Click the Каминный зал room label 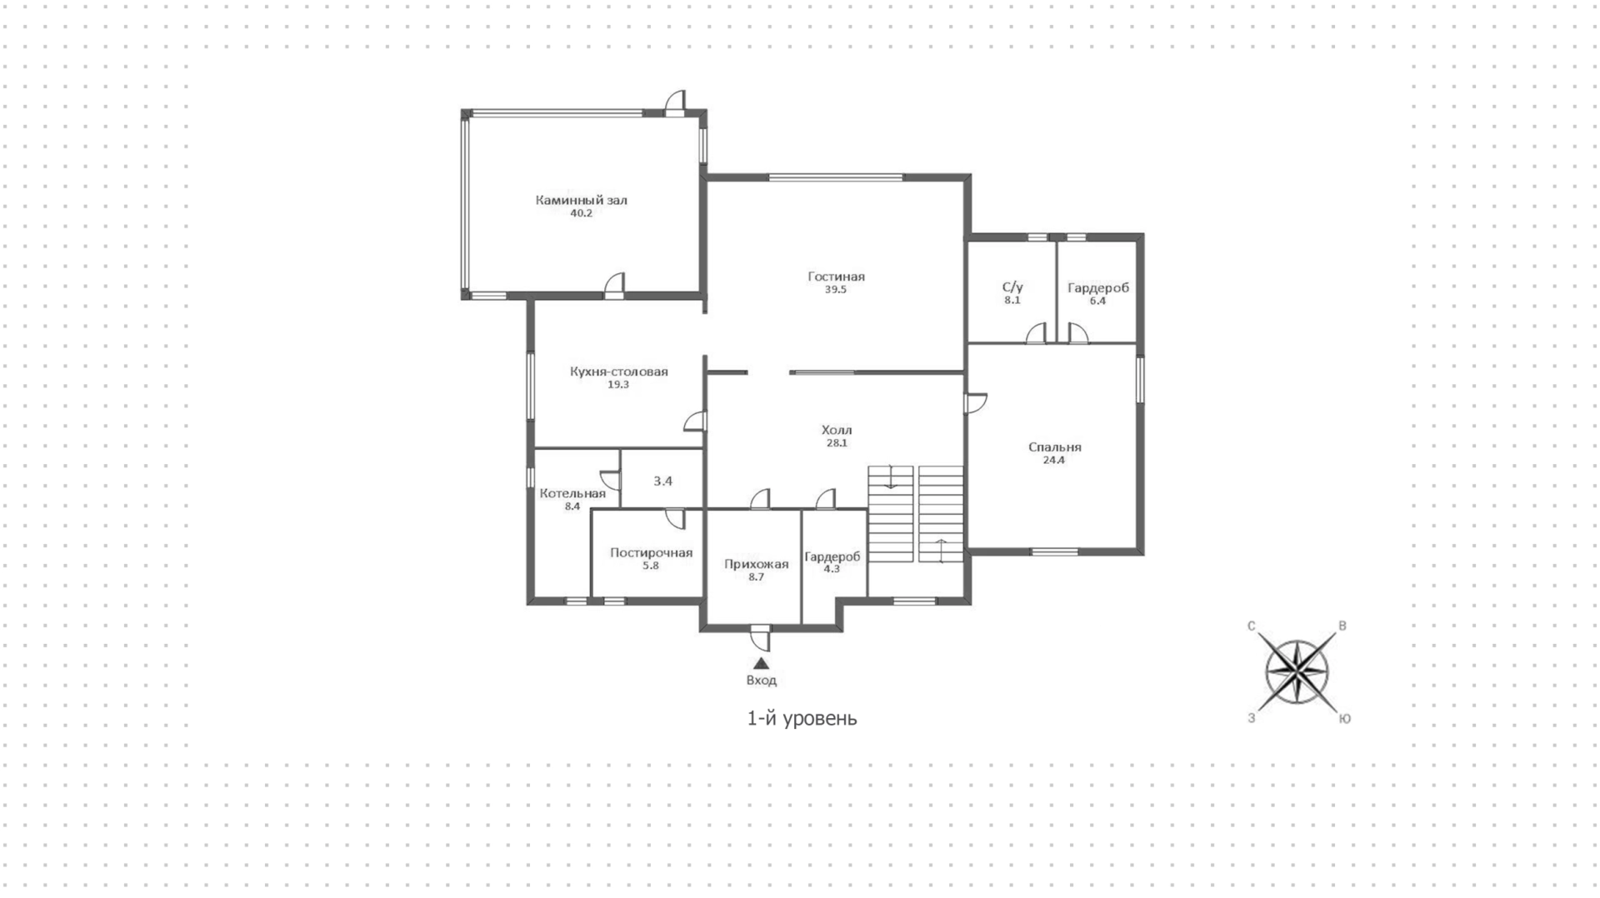click(581, 200)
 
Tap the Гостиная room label click(836, 277)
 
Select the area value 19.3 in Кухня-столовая click(618, 385)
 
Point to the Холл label click(837, 430)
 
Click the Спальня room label click(1054, 447)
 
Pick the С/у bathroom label click(1012, 287)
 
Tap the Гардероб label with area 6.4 click(1098, 288)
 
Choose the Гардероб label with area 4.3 click(832, 556)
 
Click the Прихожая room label click(756, 564)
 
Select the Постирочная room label click(651, 552)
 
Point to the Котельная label click(572, 493)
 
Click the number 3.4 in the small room click(662, 481)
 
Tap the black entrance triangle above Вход click(761, 663)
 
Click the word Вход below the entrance click(761, 680)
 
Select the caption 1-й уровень click(802, 718)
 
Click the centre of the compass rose click(1297, 671)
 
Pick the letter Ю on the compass click(1344, 719)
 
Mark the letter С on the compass click(1251, 626)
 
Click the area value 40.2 click(581, 213)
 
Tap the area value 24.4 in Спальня click(1054, 460)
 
